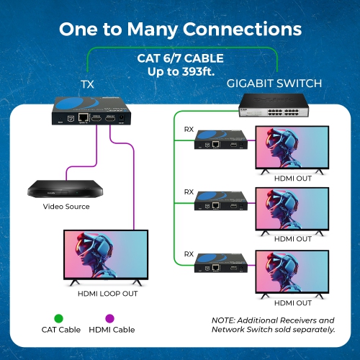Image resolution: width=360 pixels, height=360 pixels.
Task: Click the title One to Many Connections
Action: (x=180, y=30)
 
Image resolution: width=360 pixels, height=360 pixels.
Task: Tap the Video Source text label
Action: (x=66, y=207)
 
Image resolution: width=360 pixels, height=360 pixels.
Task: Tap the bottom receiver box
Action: (x=220, y=264)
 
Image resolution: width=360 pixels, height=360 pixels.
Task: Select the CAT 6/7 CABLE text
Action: (x=180, y=58)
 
